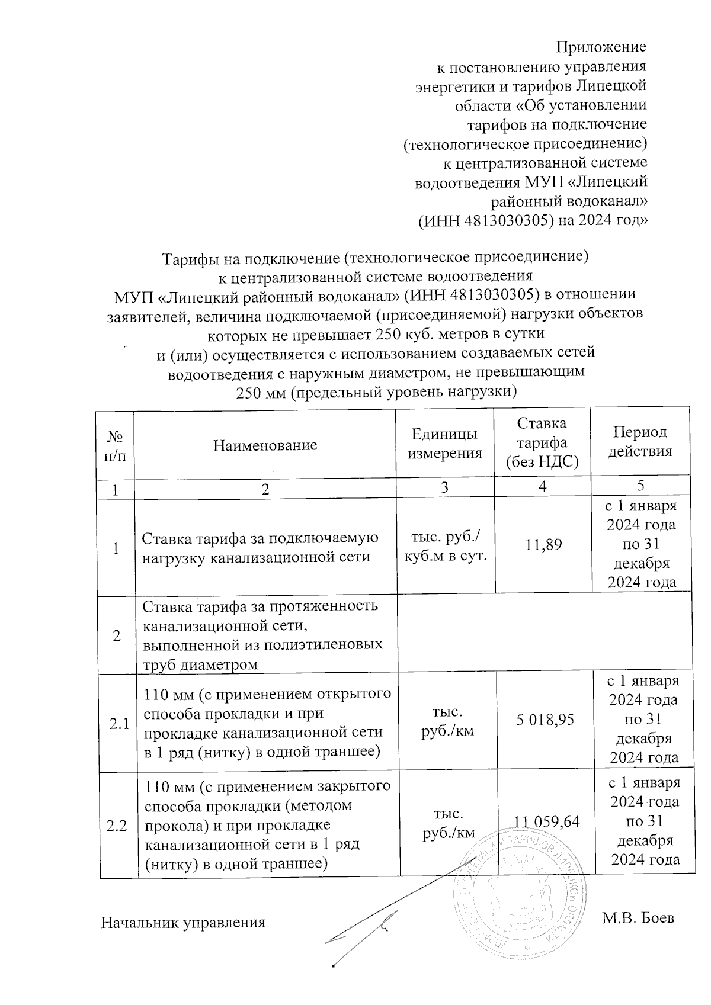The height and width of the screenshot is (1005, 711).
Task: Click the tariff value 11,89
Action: click(543, 543)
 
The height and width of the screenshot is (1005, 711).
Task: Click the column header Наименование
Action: click(265, 445)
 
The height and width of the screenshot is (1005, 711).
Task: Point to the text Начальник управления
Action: click(182, 923)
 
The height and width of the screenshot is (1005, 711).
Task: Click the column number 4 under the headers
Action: click(542, 487)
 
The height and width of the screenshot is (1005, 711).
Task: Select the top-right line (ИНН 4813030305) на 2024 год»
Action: click(532, 220)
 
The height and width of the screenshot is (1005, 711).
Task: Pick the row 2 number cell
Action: click(116, 635)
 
